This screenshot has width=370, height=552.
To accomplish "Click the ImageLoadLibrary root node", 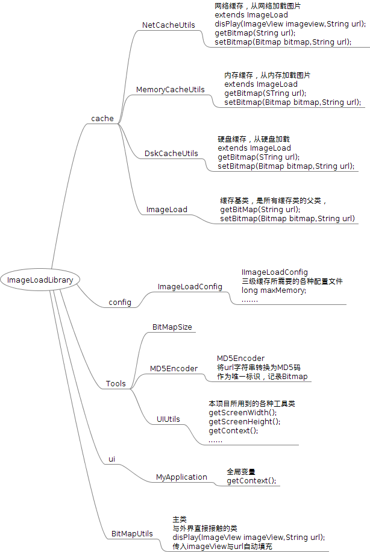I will pyautogui.click(x=40, y=280).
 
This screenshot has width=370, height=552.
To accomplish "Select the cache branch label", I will pyautogui.click(x=102, y=118).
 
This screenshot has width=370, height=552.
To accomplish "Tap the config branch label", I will pyautogui.click(x=120, y=302).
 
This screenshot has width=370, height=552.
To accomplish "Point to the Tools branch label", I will pyautogui.click(x=116, y=383).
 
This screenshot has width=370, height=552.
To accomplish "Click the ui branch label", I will pyautogui.click(x=111, y=459).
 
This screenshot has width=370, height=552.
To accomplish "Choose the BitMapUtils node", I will pyautogui.click(x=132, y=534).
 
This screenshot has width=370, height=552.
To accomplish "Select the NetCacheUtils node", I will pyautogui.click(x=168, y=25).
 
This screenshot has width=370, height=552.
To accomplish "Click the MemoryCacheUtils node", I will pyautogui.click(x=170, y=89).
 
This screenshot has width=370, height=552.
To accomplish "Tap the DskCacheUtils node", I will pyautogui.click(x=171, y=153).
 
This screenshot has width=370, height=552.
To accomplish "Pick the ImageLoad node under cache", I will pyautogui.click(x=166, y=210).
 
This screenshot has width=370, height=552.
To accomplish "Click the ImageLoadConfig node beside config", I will pyautogui.click(x=190, y=286).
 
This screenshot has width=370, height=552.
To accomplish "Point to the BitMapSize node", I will pyautogui.click(x=172, y=326).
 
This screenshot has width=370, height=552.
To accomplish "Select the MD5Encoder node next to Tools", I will pyautogui.click(x=174, y=368).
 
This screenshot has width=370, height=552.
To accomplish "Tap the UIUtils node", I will pyautogui.click(x=168, y=419).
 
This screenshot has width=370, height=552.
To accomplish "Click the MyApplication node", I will pyautogui.click(x=181, y=477).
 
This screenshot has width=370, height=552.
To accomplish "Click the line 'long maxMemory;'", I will pyautogui.click(x=274, y=290).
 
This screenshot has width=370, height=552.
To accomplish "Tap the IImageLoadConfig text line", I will pyautogui.click(x=275, y=272).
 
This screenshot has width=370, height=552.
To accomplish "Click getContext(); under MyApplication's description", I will pyautogui.click(x=251, y=480).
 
